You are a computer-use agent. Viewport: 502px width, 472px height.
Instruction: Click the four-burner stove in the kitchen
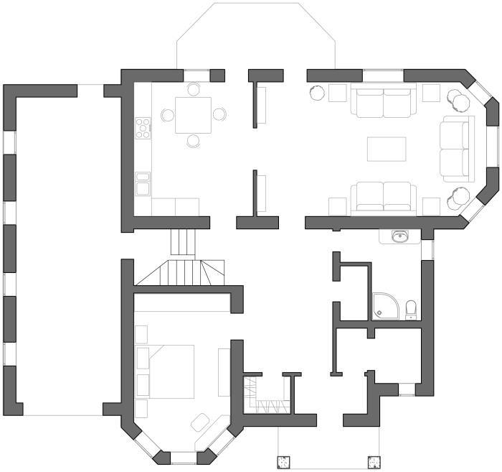143,128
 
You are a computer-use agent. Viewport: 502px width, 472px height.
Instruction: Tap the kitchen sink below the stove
143,184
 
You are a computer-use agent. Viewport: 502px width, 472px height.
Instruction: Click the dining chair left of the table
169,114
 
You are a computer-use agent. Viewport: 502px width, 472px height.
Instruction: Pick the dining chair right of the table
219,114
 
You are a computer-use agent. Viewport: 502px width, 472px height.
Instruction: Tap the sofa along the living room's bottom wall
383,198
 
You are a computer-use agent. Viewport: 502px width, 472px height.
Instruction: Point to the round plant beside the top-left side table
316,93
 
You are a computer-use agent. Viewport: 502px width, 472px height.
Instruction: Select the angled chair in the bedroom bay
204,422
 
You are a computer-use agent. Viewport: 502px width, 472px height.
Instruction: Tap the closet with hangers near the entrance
268,399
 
